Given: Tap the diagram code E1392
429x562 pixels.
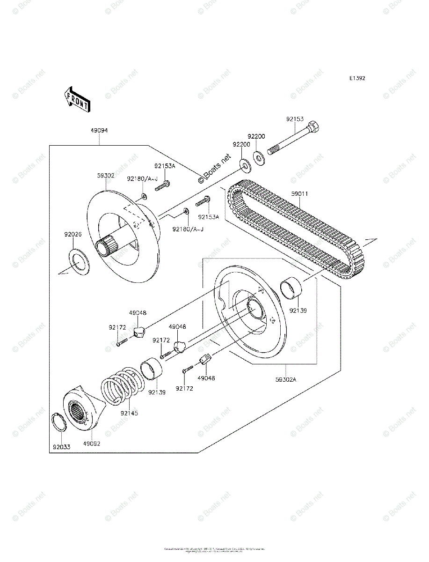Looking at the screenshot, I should pyautogui.click(x=356, y=78).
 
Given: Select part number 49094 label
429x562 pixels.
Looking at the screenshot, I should pyautogui.click(x=100, y=131).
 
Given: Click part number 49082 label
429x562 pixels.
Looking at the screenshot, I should pyautogui.click(x=92, y=443).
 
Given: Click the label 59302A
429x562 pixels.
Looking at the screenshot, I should pyautogui.click(x=286, y=380).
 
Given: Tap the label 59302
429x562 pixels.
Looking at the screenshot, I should pyautogui.click(x=106, y=176).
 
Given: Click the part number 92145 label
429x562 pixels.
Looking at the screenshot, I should pyautogui.click(x=129, y=414).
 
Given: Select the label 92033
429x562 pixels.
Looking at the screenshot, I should pyautogui.click(x=61, y=447).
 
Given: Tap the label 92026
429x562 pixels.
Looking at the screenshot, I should pyautogui.click(x=73, y=234).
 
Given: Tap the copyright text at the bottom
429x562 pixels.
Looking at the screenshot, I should pyautogui.click(x=214, y=550).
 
